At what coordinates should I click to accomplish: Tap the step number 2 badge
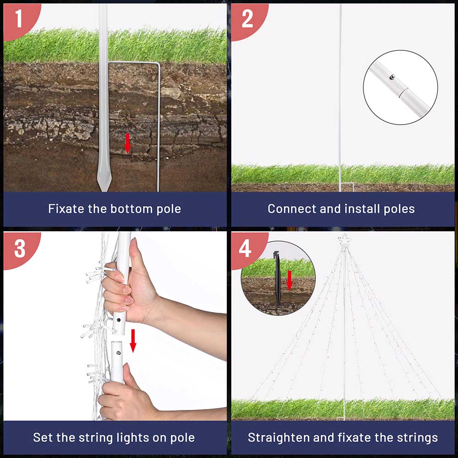click(x=247, y=19)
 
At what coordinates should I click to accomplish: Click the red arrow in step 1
click(x=127, y=144)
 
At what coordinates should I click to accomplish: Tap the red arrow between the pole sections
click(x=133, y=341)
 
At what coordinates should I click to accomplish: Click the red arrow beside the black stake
click(x=289, y=281)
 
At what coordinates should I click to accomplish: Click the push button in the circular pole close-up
click(x=392, y=77)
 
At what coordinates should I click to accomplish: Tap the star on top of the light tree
click(x=344, y=240)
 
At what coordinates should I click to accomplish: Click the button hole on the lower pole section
click(x=118, y=353)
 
